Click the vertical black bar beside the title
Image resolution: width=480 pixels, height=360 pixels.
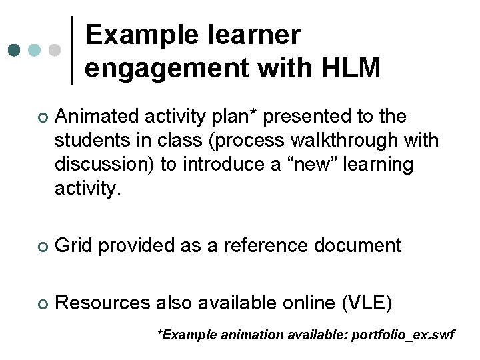coord(72,50)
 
